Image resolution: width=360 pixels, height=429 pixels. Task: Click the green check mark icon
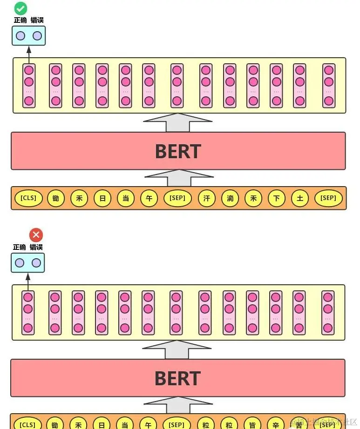(20, 8)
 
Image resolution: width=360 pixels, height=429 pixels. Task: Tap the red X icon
(36, 235)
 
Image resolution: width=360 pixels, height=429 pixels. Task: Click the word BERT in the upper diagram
(178, 151)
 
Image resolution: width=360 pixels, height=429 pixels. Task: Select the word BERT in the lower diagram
(178, 378)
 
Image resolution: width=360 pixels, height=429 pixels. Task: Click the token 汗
(207, 198)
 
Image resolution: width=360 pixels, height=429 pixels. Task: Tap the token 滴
(230, 198)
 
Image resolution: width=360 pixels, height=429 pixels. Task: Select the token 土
(300, 198)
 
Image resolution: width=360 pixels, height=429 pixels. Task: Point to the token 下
(277, 198)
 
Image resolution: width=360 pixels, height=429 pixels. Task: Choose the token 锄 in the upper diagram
(56, 198)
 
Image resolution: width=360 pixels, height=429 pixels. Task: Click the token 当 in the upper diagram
(126, 198)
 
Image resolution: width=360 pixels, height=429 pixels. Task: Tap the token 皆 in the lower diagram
(252, 424)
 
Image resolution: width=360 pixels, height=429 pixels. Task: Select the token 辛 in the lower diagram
(276, 424)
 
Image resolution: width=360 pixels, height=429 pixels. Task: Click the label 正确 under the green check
(20, 20)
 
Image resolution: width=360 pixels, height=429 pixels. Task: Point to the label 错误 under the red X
(36, 247)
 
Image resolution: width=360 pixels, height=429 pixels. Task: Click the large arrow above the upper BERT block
(177, 122)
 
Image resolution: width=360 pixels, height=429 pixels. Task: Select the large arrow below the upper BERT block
(179, 178)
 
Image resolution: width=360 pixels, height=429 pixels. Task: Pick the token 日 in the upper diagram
(102, 198)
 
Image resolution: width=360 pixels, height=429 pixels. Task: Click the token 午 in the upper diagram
(149, 198)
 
